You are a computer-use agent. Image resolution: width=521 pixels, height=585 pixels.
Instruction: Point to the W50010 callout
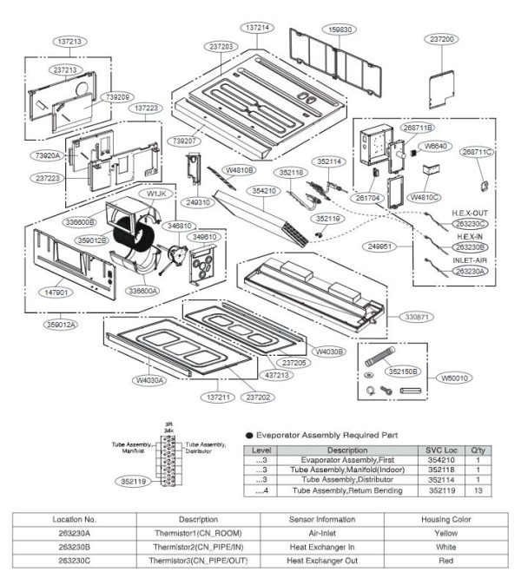pos(455,378)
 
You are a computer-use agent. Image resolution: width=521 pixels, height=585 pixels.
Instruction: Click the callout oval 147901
pos(56,293)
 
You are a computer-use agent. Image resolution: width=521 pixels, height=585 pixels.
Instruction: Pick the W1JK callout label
pos(157,193)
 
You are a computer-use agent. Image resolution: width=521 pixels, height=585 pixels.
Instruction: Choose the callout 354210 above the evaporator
pos(264,190)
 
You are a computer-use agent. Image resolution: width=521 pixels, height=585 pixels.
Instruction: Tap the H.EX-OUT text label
pos(470,213)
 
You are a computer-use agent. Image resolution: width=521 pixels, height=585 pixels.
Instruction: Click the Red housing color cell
pos(446,562)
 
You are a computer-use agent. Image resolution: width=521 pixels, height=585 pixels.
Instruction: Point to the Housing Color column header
pos(446,518)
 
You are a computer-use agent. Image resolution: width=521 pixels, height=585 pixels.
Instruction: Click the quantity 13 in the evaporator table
pos(478,490)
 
